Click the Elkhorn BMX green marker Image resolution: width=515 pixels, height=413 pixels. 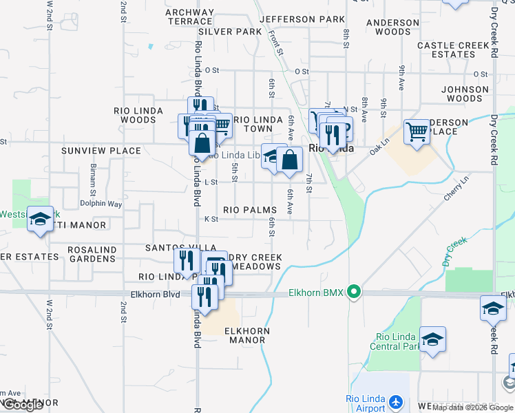[354, 293]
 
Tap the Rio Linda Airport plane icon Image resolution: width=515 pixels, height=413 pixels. [395, 401]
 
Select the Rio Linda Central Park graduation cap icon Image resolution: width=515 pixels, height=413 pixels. [432, 339]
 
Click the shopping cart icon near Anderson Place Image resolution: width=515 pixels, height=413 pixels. [417, 131]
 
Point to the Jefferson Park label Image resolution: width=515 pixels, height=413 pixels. [302, 19]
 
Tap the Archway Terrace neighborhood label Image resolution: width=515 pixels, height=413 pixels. [190, 17]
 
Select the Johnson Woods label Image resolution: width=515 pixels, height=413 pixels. [465, 94]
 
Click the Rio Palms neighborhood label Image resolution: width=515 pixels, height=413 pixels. [249, 210]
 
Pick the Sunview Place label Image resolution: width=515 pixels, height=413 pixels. [101, 151]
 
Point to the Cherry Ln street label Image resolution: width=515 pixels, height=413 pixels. [456, 188]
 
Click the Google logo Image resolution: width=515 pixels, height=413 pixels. [23, 405]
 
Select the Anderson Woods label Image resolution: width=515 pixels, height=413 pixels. [393, 27]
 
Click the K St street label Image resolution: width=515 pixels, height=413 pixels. [211, 219]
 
